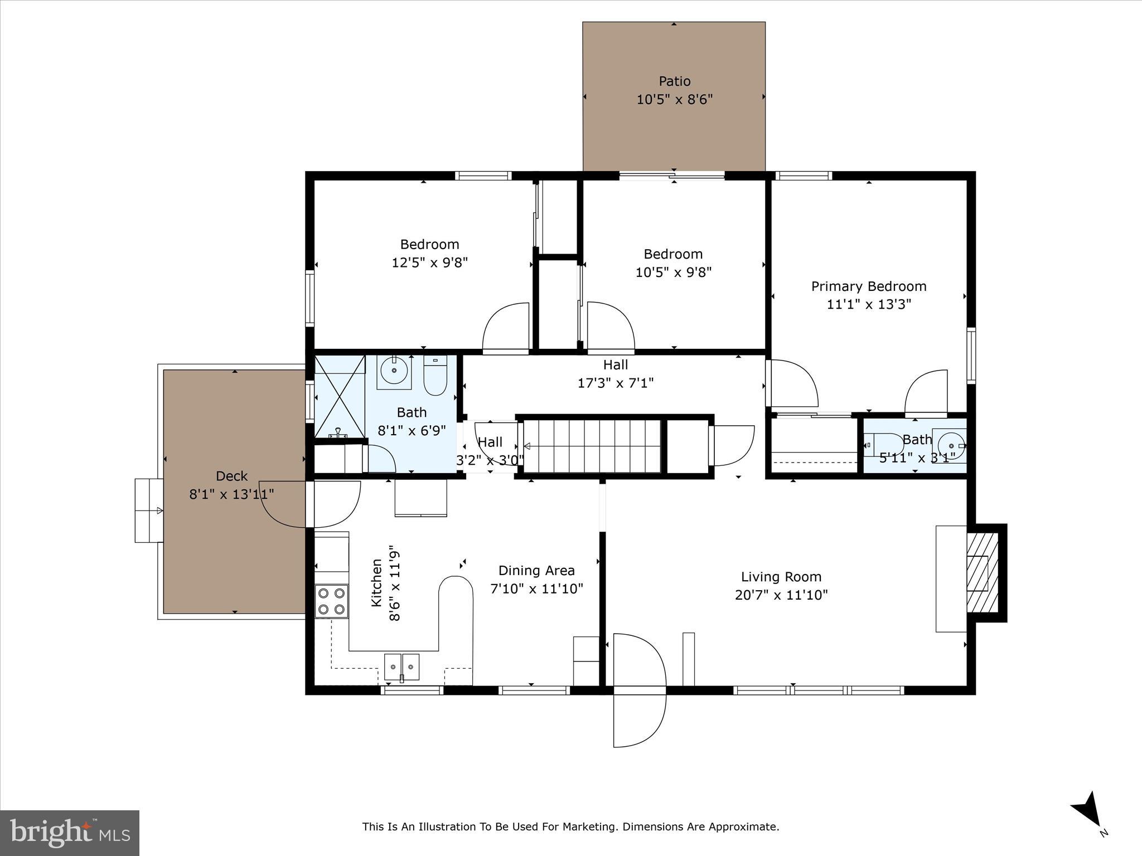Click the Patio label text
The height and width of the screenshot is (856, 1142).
coord(675,81)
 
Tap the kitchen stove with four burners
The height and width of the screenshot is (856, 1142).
coord(331,601)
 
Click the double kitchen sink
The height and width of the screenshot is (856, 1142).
coord(401,667)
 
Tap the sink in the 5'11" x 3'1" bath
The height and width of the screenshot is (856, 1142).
coord(951,446)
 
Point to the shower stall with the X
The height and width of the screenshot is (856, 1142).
coord(340,397)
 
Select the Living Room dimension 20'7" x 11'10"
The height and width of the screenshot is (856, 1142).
coord(781,595)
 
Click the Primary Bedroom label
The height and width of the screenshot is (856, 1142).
coord(868,286)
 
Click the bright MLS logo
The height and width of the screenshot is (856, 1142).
coord(70,833)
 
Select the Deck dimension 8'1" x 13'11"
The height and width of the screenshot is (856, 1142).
coord(231,494)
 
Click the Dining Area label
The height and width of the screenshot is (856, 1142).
coord(536,571)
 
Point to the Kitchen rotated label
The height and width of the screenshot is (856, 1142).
coord(377,583)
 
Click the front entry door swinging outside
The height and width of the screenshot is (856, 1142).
coord(638,719)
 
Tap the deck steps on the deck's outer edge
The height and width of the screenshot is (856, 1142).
coord(148,510)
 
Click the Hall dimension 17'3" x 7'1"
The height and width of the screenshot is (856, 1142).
coord(615,383)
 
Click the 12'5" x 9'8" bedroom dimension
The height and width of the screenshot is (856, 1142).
coord(429,262)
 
